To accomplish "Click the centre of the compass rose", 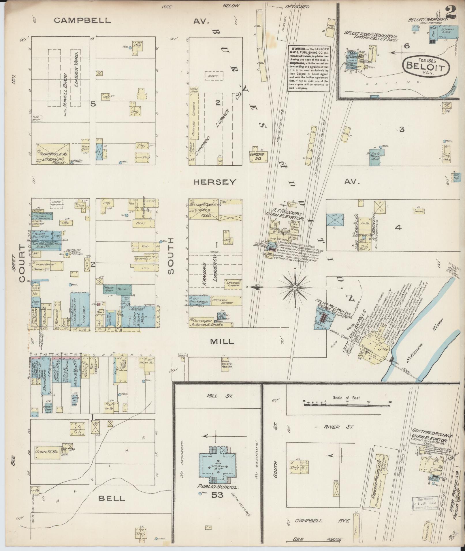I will coord(295,287).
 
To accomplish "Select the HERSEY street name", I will coord(215,182).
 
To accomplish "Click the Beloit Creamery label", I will coord(427,20).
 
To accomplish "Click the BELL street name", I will coord(112,498).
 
